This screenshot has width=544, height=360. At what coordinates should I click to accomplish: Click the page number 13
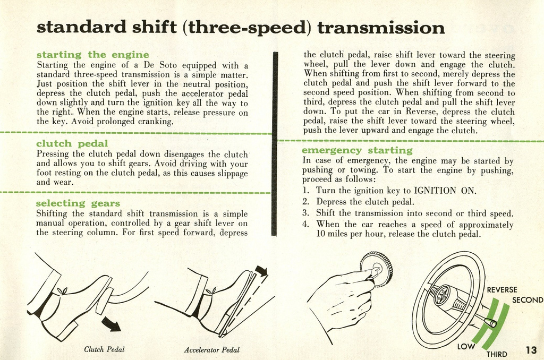(x=531, y=350)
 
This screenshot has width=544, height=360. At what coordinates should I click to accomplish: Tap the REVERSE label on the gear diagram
(x=502, y=290)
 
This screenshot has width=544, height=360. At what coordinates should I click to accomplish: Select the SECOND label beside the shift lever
(x=528, y=300)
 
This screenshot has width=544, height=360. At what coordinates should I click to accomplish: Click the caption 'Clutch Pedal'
(x=104, y=349)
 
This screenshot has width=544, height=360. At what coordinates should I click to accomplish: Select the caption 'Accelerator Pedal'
(x=211, y=350)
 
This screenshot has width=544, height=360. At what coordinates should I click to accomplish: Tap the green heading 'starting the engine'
(x=92, y=55)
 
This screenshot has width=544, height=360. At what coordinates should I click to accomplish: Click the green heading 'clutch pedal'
(x=72, y=143)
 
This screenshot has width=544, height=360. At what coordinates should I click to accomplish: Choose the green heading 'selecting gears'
(x=78, y=203)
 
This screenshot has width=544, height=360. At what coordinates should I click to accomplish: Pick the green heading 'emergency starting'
(x=357, y=150)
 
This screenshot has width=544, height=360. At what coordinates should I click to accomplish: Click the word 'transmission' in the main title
(x=381, y=28)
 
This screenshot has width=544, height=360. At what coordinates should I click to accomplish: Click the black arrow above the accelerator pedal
(x=261, y=271)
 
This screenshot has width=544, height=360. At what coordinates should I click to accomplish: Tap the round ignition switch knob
(x=376, y=268)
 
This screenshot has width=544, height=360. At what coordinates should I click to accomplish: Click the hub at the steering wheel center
(x=442, y=295)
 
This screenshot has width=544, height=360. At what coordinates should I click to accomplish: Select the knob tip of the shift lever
(x=492, y=323)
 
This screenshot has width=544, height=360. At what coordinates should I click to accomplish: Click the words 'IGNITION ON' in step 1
(x=445, y=191)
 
